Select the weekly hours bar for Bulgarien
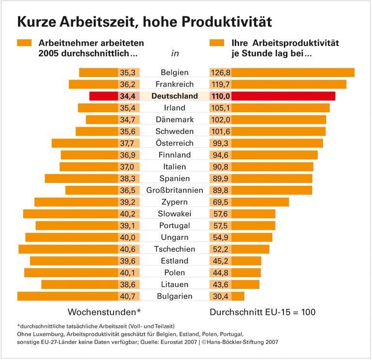[67, 296]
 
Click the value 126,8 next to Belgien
[220, 73]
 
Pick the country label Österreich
[174, 143]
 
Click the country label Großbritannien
[174, 190]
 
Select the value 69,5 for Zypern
[220, 202]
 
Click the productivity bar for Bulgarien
[238, 296]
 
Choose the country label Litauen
[174, 285]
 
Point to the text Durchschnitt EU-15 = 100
[263, 312]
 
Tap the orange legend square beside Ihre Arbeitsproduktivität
[216, 43]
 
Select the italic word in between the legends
[174, 53]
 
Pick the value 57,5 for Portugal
[220, 225]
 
